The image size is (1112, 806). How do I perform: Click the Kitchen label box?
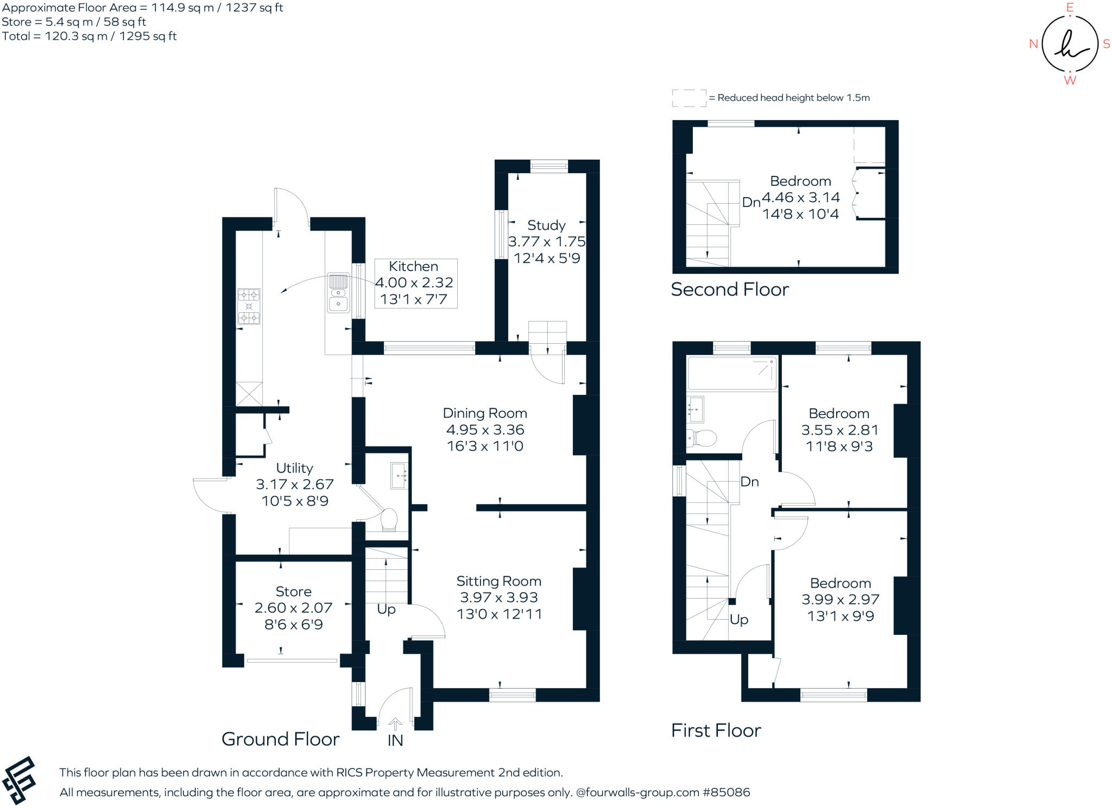(415, 283)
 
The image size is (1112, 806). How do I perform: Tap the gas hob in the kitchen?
(249, 306)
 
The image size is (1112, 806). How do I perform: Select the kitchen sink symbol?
(338, 293)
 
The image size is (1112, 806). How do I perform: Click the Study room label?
(546, 225)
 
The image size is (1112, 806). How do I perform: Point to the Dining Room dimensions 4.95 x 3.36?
(485, 430)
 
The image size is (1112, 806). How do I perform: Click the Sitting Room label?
(498, 581)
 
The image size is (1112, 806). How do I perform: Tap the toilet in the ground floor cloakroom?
(389, 520)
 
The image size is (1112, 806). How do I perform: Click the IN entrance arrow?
(395, 724)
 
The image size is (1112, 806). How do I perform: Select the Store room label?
(293, 591)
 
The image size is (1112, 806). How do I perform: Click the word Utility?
(294, 468)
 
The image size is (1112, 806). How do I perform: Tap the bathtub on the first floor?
(731, 373)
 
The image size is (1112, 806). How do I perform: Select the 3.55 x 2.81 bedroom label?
(839, 430)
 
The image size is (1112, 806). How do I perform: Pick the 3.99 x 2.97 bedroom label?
(841, 600)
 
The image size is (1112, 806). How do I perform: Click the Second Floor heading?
(729, 289)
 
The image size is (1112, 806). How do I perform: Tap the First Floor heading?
(716, 731)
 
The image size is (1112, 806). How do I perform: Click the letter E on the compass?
(1070, 8)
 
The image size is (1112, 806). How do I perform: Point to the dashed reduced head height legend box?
(689, 98)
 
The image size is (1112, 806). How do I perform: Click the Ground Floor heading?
(280, 739)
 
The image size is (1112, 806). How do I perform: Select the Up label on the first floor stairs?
(738, 620)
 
